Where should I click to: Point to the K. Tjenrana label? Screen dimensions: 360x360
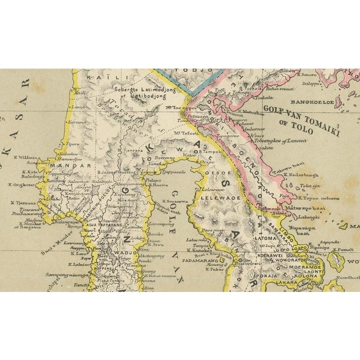pyautogui.click(x=21, y=201)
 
